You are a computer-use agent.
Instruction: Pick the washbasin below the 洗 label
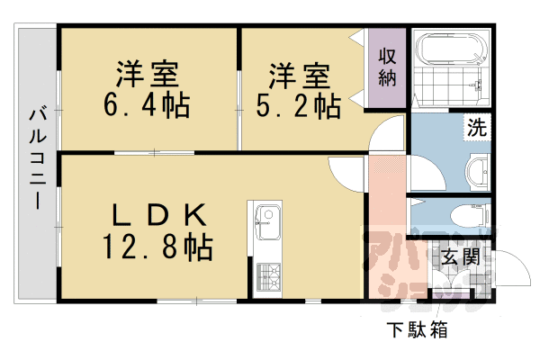pyautogui.click(x=478, y=168)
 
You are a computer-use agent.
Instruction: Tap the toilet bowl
pyautogui.click(x=468, y=215)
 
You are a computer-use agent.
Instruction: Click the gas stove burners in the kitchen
pyautogui.click(x=267, y=272)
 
